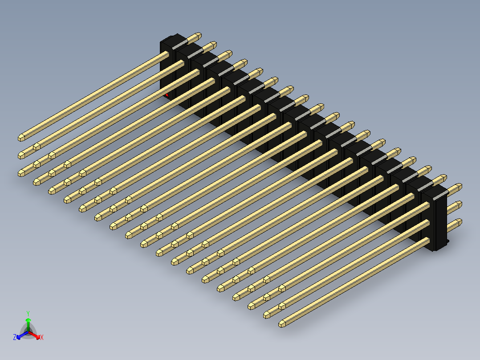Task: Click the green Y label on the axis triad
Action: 28,313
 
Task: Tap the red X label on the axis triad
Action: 42,338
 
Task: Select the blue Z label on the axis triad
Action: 15,338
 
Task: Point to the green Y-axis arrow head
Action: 28,320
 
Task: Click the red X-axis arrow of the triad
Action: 36,334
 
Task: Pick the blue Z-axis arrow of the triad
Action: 20,335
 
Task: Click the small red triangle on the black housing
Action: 167,95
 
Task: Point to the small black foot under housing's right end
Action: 447,241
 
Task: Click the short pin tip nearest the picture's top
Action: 198,35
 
